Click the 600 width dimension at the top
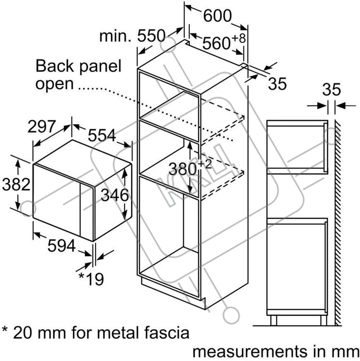[x=217, y=16]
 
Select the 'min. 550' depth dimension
[x=133, y=36]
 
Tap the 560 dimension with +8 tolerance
[x=224, y=42]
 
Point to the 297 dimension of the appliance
[x=42, y=126]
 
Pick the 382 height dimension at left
[x=16, y=184]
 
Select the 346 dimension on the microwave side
[x=115, y=195]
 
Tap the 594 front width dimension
[x=62, y=245]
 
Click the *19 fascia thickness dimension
[x=91, y=279]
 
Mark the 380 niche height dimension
[x=190, y=168]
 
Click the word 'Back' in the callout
[x=54, y=66]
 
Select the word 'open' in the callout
[x=54, y=84]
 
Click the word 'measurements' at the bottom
[x=250, y=351]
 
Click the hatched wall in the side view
[x=338, y=223]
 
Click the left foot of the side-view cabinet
[x=274, y=321]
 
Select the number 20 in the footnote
[x=22, y=333]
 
